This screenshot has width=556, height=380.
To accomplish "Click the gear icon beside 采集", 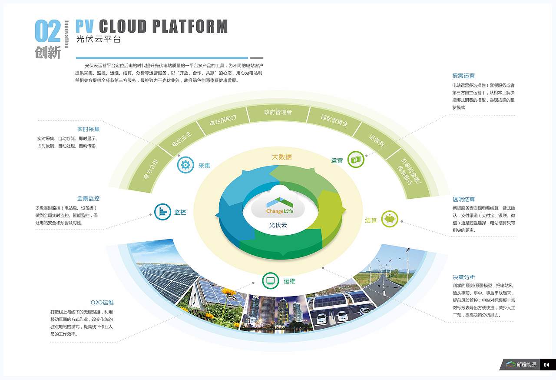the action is pos(185,165).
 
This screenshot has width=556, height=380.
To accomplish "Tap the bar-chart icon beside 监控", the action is pos(162,212).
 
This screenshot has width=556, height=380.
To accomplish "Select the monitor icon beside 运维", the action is pos(270,281).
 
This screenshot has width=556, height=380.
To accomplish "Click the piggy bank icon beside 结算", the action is pos(390,219).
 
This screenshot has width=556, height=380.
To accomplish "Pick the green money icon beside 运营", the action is pos(356,160).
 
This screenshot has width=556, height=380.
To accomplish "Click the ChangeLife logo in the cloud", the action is pos(279,206).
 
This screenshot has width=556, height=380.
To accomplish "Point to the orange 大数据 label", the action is pos(282,157).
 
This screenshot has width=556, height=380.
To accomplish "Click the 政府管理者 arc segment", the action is pos(278,113).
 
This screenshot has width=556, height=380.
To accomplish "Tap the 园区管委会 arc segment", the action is pos(334,121).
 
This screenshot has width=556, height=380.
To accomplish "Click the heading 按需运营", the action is pos(463,76).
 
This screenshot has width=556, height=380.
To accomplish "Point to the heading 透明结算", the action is pos(463,199).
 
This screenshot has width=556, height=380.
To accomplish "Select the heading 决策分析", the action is pos(463,277).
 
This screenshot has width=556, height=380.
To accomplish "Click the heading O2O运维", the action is pos(102,303).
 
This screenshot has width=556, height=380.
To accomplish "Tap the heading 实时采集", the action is pos(88,129).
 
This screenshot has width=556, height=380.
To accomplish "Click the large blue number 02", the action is pos(48,31).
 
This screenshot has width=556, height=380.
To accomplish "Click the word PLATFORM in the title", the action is pos(190,26).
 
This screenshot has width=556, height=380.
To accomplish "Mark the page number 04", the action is pos(546,365).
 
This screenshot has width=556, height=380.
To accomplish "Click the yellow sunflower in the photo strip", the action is pos(228,292).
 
